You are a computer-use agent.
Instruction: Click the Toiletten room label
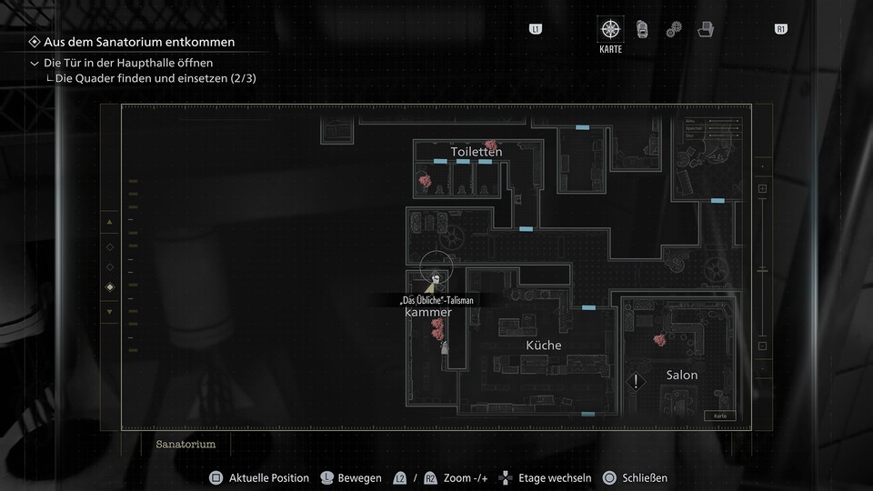476,152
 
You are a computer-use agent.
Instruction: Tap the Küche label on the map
544,346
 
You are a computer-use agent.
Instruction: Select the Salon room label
682,375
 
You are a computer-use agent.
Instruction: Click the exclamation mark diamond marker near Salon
637,382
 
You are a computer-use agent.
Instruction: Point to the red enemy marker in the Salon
660,340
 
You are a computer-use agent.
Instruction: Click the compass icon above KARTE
610,29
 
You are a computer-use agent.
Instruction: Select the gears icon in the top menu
674,30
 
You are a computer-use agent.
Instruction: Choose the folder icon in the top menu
706,30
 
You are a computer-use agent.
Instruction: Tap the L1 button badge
536,30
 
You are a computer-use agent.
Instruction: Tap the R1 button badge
780,30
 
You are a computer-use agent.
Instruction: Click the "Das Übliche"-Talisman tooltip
436,300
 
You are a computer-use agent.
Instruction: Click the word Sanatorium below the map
186,445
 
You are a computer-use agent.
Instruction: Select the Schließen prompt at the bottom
645,478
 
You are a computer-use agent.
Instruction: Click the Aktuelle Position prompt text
268,478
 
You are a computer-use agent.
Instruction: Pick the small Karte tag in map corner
720,416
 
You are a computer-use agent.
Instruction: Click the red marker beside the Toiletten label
491,145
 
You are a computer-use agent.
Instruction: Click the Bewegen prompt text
359,478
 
